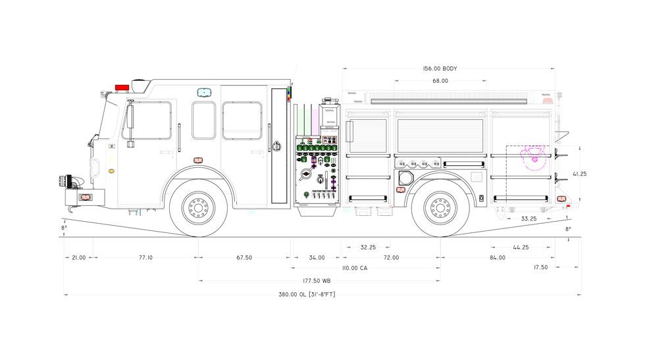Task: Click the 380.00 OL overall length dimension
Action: coord(307,295)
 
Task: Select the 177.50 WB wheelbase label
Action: coord(317,281)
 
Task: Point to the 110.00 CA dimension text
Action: coord(355,269)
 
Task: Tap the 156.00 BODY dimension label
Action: coord(440,68)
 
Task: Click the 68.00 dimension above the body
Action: coord(440,81)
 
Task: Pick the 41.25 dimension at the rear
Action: coord(580,174)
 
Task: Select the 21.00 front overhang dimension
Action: coord(79,257)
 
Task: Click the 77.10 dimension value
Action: coord(145,257)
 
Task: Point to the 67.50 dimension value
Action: coord(244,257)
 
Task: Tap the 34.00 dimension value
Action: coord(317,257)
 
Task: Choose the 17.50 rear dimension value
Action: coord(541,267)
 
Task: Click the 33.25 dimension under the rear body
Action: coord(529,219)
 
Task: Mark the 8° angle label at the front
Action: coord(64,228)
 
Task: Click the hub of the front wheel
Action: coord(198,208)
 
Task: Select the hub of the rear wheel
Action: coord(440,208)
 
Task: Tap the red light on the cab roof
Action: coord(122,88)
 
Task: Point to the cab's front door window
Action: coord(147,120)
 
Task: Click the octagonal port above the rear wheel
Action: coord(405,178)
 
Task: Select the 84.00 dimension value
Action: coord(498,257)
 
